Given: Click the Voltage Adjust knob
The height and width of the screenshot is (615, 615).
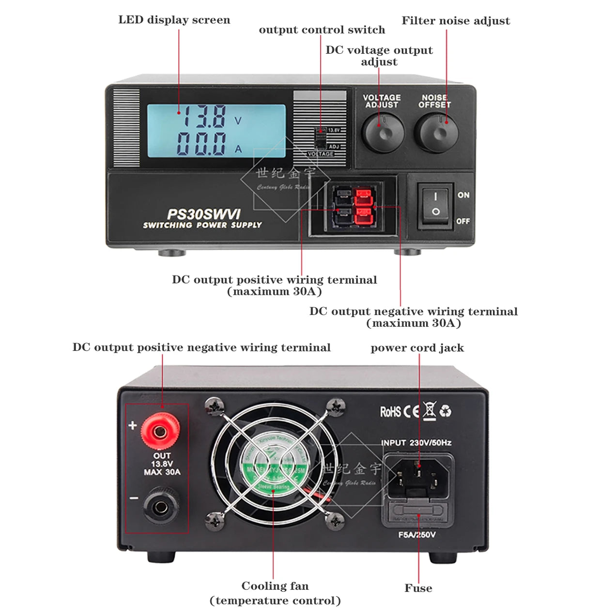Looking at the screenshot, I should click(x=383, y=133).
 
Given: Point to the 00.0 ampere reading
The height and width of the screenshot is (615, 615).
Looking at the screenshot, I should click(x=201, y=144).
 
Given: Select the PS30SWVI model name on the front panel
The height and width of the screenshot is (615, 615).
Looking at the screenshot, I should click(x=203, y=214).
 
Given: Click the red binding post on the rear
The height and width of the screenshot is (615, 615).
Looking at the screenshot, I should click(x=160, y=430).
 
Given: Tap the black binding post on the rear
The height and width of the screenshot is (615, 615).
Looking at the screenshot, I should click(x=160, y=507).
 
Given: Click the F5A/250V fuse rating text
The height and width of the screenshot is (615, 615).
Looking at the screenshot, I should click(x=416, y=535).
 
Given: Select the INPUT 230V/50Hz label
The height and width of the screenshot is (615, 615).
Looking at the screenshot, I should click(x=416, y=443).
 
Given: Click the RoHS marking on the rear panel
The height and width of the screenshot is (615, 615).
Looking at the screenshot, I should click(x=390, y=412).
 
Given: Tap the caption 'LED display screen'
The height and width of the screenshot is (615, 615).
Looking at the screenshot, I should click(x=174, y=20).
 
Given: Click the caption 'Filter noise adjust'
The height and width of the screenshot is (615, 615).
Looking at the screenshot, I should click(x=456, y=21).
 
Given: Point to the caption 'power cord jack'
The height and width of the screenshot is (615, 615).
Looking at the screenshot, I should click(x=417, y=348).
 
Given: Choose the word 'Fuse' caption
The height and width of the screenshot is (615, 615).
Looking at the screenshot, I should click(x=418, y=588).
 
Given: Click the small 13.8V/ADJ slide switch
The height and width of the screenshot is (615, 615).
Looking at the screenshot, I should click(x=320, y=139).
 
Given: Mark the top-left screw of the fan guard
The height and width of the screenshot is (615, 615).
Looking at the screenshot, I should click(x=214, y=406).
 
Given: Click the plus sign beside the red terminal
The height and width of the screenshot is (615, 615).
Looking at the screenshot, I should click(x=133, y=425).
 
